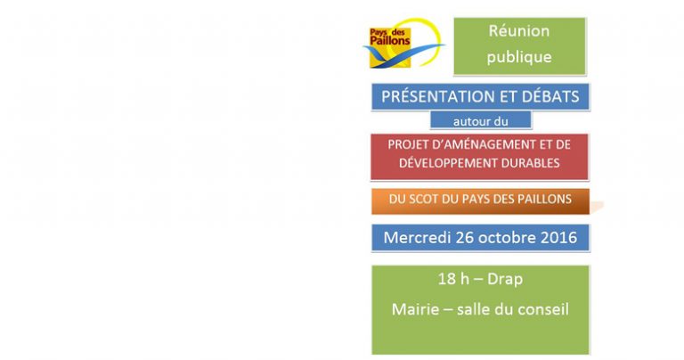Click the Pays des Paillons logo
[x=403, y=43]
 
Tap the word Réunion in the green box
[x=518, y=30]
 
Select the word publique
[x=519, y=57]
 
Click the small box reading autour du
[x=481, y=120]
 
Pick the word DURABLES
[x=531, y=163]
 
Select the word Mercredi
[x=417, y=237]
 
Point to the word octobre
[x=508, y=237]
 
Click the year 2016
[x=558, y=237]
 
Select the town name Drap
[x=505, y=279]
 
